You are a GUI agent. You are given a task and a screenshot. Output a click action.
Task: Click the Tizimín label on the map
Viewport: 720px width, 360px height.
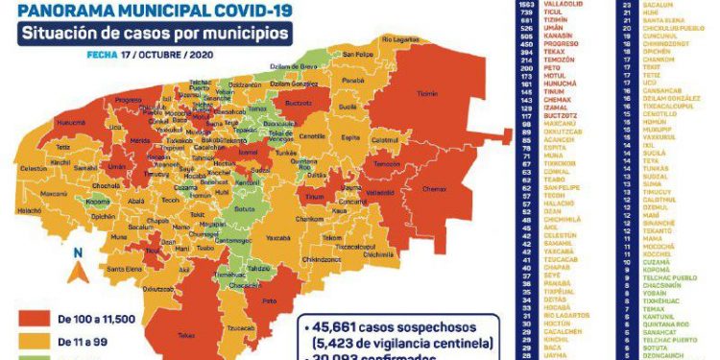[427, 93]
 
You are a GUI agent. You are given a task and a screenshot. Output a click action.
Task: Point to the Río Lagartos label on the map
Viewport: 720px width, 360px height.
[401, 39]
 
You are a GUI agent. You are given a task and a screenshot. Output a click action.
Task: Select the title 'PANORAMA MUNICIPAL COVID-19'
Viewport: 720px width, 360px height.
[148, 12]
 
